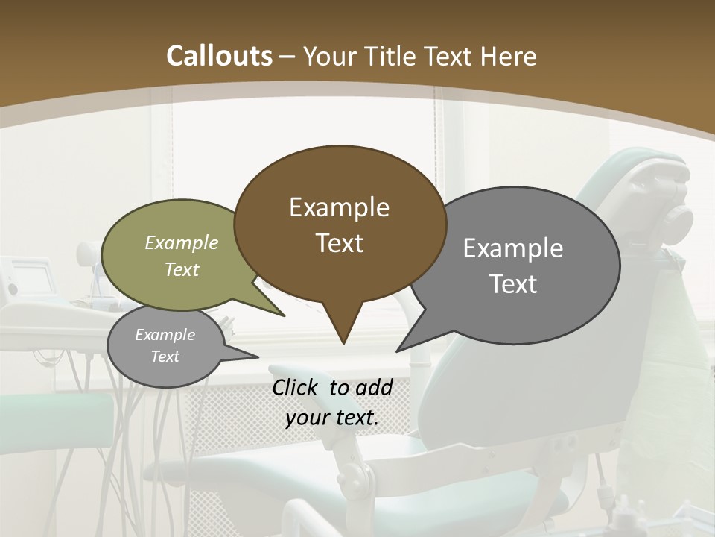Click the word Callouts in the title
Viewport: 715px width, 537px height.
pos(220,56)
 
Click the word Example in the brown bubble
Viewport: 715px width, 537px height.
pos(339,207)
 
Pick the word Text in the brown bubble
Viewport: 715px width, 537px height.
pos(339,243)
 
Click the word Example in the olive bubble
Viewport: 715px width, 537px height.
pos(182,242)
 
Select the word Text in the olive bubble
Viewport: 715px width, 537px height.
pos(182,269)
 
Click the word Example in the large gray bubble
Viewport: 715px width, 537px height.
pos(513,248)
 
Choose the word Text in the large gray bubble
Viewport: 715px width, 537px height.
pos(513,284)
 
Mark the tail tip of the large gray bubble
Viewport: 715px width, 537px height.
pos(398,350)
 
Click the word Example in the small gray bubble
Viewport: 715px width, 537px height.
pos(165,335)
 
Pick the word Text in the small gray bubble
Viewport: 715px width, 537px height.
pos(165,357)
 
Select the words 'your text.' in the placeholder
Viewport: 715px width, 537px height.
pos(332,418)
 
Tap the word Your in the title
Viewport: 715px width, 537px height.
pos(328,56)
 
